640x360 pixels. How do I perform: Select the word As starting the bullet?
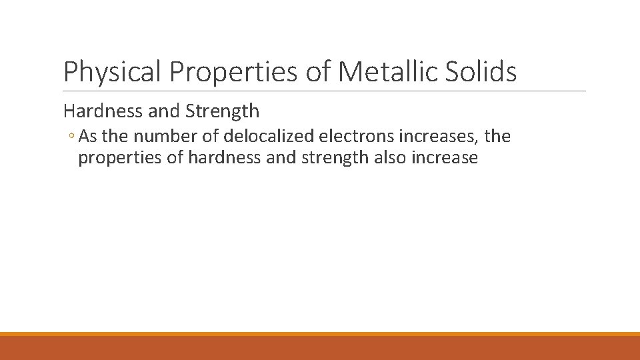coord(87,137)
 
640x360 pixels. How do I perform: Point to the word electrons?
coord(351,137)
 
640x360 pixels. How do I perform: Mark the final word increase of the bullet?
coord(446,157)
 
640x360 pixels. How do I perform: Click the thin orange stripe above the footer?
coord(320,334)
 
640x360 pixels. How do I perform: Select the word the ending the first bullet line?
coord(497,137)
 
